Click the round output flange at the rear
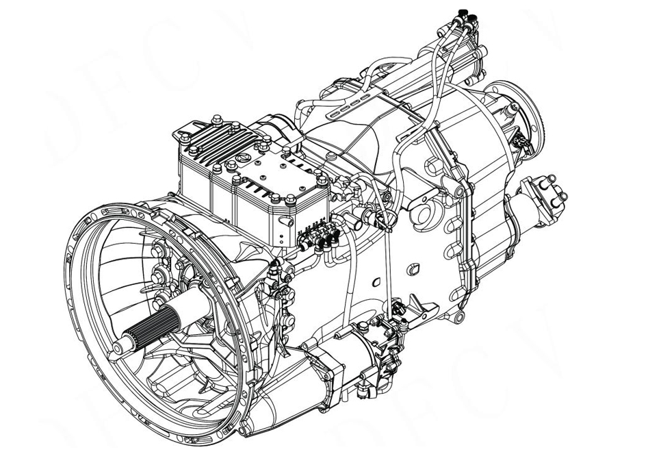[526, 113]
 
